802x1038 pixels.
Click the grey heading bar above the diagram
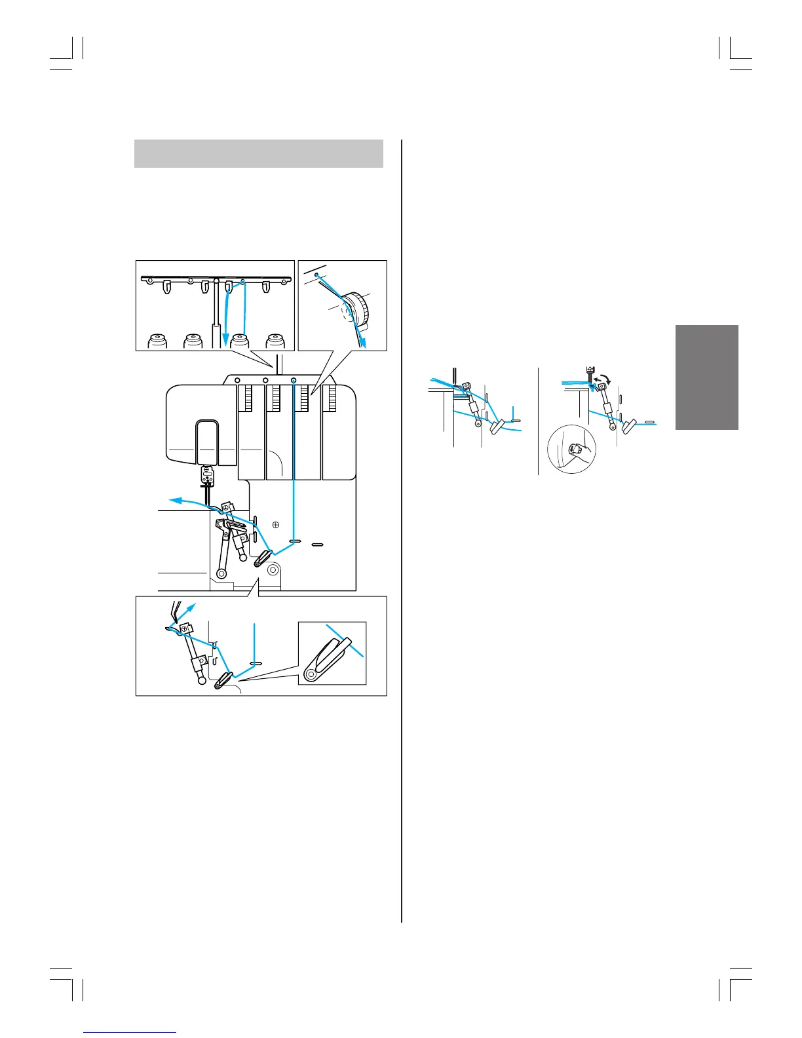click(x=258, y=153)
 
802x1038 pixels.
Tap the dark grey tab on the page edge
click(x=706, y=377)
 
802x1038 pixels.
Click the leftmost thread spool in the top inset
click(x=157, y=341)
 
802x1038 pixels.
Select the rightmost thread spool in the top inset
click(x=276, y=341)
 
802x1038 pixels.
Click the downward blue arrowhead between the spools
click(x=225, y=340)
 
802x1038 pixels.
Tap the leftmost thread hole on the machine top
click(x=237, y=380)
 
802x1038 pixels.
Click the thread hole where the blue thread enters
click(x=293, y=380)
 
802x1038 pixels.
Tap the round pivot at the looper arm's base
click(x=221, y=574)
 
